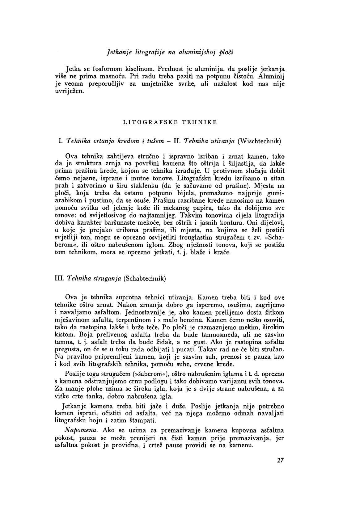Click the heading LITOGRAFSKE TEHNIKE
pyautogui.click(x=170, y=122)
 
